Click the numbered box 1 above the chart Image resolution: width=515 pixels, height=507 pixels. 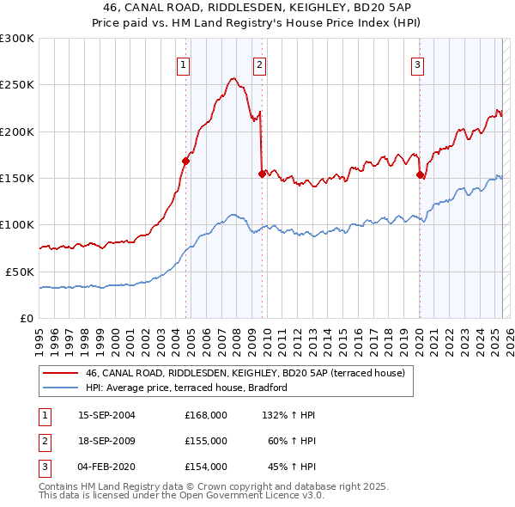pyautogui.click(x=185, y=64)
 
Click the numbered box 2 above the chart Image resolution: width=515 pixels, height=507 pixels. pyautogui.click(x=259, y=64)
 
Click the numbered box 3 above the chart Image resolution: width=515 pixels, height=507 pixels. pyautogui.click(x=417, y=64)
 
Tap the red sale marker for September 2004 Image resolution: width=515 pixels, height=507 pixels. pyautogui.click(x=185, y=161)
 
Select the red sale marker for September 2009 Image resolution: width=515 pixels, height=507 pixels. pyautogui.click(x=261, y=173)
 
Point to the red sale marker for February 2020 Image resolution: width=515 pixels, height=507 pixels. pyautogui.click(x=420, y=174)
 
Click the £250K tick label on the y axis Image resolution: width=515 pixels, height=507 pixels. pyautogui.click(x=17, y=85)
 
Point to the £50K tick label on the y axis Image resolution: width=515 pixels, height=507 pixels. pyautogui.click(x=21, y=272)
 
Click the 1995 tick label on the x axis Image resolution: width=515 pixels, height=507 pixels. pyautogui.click(x=40, y=338)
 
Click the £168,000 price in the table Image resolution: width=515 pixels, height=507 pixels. pyautogui.click(x=206, y=415)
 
